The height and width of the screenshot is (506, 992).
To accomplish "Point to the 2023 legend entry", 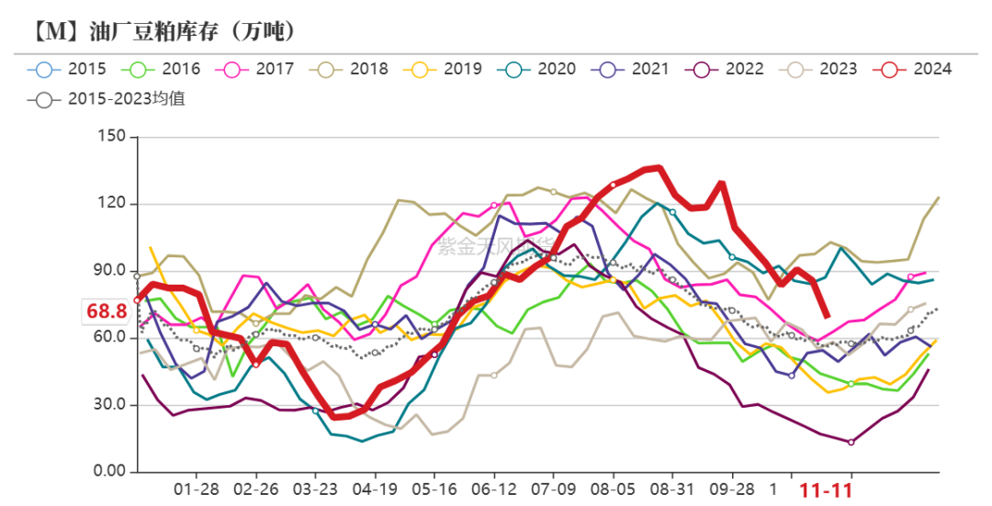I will point(838,69).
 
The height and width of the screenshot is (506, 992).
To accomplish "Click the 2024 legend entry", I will point(932,69).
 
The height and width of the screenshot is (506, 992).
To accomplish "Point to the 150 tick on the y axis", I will point(111,137).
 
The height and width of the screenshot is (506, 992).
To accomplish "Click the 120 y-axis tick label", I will point(111,204).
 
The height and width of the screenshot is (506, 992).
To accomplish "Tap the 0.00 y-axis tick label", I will point(107,472).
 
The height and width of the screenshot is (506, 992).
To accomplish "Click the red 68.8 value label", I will point(107,311).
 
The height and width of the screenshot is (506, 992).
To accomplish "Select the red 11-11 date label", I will point(826,490).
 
